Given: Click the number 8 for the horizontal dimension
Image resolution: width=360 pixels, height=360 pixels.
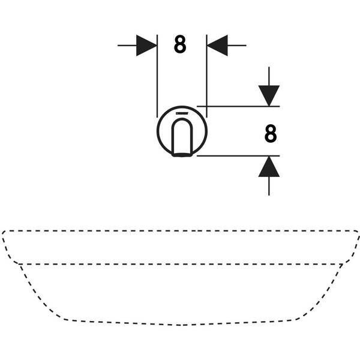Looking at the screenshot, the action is pos(180,44).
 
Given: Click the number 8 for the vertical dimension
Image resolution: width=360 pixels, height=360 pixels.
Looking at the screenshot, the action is pos(271,134).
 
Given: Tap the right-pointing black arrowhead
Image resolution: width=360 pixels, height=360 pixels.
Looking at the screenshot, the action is pos(146,46).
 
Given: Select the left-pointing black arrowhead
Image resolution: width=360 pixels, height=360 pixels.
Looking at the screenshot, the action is pos(217,46).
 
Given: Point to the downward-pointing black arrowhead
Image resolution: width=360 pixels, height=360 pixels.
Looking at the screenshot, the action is pos(269,96).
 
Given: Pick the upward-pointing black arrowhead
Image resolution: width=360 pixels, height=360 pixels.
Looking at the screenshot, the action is pos(269,167).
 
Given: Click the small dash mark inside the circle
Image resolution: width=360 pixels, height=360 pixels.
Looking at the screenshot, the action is pos(182,113).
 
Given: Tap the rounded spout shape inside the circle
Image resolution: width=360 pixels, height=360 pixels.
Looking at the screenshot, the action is pos(182,136).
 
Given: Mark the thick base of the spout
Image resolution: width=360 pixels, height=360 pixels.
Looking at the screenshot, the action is pos(182,155).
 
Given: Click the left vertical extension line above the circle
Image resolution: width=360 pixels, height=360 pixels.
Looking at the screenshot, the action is pos(157,76).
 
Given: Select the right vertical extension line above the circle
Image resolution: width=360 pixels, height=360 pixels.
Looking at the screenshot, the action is pos(206,76).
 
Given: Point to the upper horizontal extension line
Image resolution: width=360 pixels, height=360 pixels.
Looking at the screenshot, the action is pos(238,106).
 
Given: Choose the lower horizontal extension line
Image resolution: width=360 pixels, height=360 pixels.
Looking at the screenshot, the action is pos(238,156).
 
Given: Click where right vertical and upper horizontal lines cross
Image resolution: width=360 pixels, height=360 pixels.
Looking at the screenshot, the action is pos(206,106).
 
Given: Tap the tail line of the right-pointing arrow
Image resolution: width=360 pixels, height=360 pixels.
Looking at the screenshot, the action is pos(127,46).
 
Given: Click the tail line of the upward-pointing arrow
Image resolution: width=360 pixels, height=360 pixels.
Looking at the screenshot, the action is pos(269,186).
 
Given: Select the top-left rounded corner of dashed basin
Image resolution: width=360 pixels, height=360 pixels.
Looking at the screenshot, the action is pos(4,233).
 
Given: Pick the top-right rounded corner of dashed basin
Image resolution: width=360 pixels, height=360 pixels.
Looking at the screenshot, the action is pos(357,233).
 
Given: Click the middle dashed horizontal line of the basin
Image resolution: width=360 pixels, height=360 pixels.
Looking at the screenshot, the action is pos(181,264).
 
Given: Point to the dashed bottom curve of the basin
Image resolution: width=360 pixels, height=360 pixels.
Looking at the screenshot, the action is pos(180,325).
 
